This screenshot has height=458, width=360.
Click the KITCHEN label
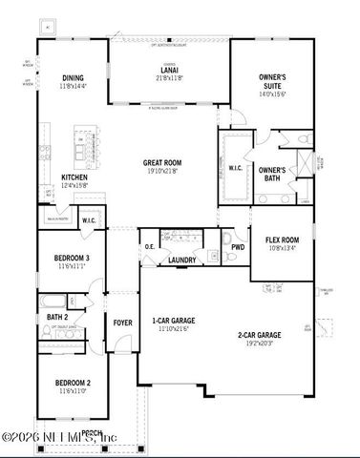[74, 177]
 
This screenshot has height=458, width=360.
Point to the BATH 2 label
[56, 317]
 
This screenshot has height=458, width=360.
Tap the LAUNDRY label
[181, 260]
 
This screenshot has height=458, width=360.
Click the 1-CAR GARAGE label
[173, 321]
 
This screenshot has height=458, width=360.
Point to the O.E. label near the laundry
[151, 246]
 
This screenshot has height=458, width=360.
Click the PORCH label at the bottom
[93, 432]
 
